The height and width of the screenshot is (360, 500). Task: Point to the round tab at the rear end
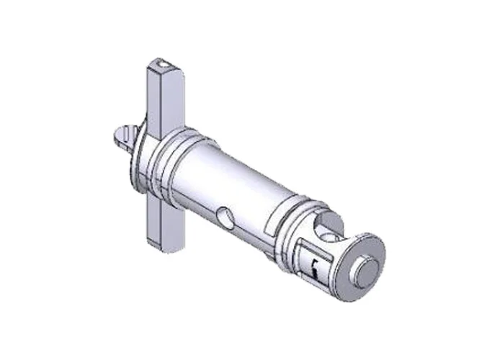(125, 135)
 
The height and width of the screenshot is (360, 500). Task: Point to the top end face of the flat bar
(164, 66)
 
